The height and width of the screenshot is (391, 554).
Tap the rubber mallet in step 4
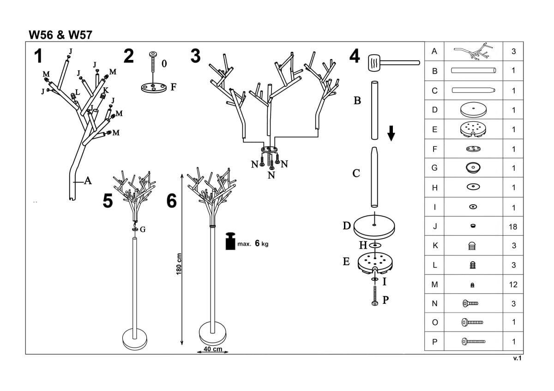pos(376,62)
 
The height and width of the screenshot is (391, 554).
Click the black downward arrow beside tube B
pos(391,133)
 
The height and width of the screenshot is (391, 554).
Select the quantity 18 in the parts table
pos(513,227)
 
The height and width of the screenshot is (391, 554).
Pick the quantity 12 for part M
pos(513,284)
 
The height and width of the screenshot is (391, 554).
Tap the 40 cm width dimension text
pos(213,349)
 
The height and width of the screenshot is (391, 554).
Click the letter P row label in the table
pos(434,342)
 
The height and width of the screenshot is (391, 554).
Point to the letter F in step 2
pos(174,86)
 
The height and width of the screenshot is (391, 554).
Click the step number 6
pos(171,201)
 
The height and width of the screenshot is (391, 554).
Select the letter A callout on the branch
pos(87,181)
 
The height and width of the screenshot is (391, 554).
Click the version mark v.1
pos(517,358)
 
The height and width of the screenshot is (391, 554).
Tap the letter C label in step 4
pos(356,173)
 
